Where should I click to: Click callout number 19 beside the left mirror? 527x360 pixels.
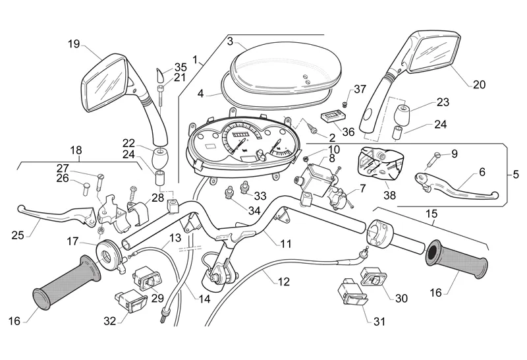click(73, 44)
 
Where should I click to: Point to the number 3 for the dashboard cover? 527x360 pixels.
click(230, 41)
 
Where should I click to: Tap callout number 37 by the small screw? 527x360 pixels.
click(360, 89)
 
